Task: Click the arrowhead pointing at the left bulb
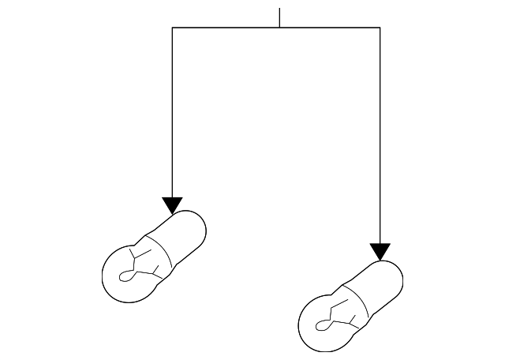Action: (172, 205)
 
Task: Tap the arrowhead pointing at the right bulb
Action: (380, 252)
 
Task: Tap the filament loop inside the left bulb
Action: (127, 276)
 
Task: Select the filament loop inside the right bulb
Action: (323, 324)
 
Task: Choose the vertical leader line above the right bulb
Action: (380, 134)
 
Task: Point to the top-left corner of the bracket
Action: (172, 28)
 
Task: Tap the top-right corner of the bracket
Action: (380, 28)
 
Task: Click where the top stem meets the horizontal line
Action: (279, 28)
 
